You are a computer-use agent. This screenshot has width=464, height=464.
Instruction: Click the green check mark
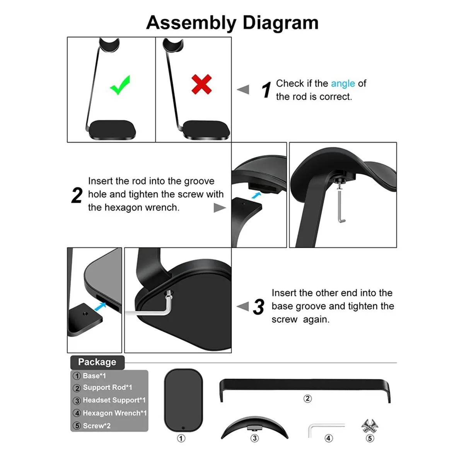[120, 85]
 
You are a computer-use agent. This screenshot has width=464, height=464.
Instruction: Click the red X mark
[201, 84]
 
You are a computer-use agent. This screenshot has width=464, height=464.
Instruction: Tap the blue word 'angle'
[343, 84]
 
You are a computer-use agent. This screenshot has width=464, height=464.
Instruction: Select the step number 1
[266, 90]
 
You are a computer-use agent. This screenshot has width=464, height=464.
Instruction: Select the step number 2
[77, 195]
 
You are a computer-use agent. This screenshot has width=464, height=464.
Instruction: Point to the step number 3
[259, 307]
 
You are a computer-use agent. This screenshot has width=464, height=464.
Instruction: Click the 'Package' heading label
[97, 362]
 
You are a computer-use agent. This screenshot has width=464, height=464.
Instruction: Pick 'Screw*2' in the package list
[96, 426]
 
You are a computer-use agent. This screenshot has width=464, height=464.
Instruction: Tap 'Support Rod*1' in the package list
[107, 387]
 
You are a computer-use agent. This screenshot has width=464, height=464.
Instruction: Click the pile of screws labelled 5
[370, 426]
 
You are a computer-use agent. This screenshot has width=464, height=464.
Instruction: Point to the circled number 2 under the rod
[307, 399]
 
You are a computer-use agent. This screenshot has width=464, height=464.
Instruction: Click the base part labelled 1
[183, 400]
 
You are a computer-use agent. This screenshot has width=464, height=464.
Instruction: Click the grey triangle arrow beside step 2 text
[220, 208]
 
